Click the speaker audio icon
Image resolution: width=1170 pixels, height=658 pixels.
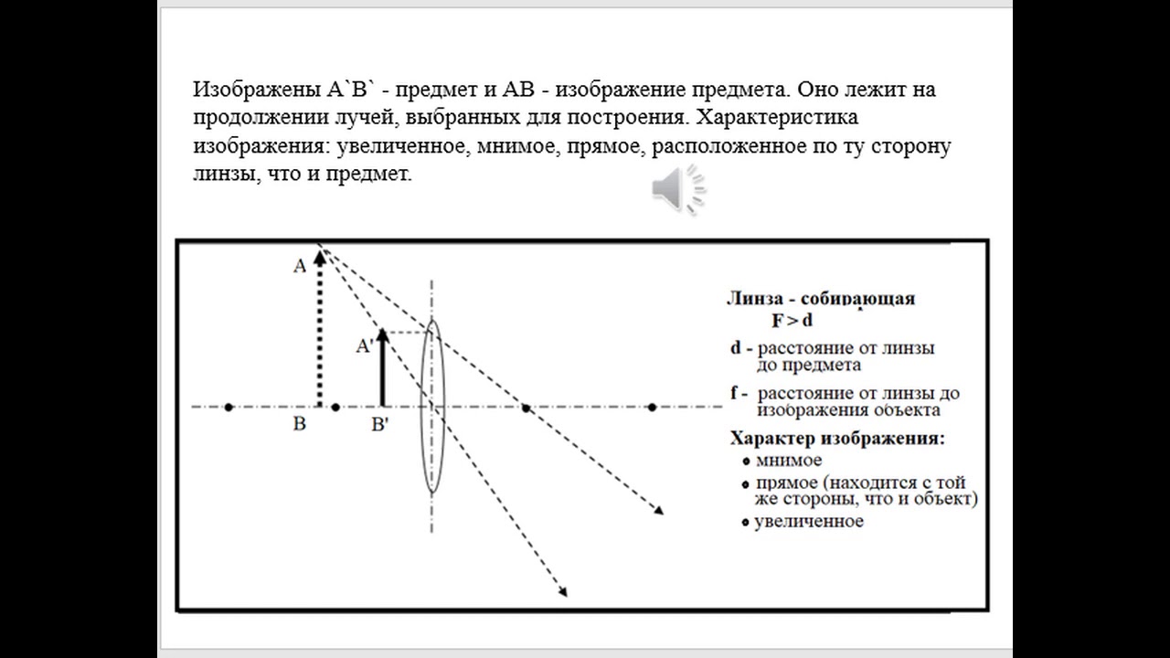677,189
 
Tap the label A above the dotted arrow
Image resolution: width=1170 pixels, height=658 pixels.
299,266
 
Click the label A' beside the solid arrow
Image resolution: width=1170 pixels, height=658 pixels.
364,345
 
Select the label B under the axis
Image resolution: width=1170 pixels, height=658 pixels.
299,425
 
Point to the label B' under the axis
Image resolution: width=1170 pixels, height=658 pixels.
381,425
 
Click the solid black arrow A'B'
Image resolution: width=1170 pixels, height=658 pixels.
383,370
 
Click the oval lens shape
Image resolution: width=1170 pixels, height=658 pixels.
431,406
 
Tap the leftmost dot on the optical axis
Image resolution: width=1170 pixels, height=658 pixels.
229,407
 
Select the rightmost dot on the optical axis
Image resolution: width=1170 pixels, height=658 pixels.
653,407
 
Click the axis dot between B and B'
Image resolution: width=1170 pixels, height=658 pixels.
335,407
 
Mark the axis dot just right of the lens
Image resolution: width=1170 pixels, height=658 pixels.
526,407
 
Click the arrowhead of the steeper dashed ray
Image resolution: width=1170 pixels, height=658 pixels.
563,592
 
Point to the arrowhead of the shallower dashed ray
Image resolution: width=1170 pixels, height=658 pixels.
659,511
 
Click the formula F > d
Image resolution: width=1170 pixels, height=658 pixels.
792,320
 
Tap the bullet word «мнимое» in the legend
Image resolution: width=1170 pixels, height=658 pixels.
787,461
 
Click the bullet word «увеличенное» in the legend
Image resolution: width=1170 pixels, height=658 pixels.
808,521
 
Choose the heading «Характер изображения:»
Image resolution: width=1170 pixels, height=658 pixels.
837,438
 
